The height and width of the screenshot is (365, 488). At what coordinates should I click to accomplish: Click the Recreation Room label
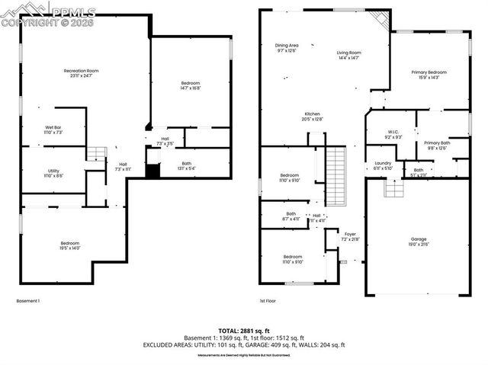[81, 73]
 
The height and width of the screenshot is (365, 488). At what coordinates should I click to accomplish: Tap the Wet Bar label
[53, 130]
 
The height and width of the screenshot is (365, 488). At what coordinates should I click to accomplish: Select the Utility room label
[53, 173]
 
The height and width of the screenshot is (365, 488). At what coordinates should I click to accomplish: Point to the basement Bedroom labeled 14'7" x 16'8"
[191, 85]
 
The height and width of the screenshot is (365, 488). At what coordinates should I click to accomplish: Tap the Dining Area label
[286, 48]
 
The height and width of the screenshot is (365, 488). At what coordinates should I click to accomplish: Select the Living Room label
[349, 55]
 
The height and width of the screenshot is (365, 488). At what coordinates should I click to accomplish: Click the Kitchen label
[313, 116]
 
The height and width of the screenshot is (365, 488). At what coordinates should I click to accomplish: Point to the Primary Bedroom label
[429, 75]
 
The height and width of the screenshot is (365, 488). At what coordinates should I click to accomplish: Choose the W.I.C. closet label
[393, 134]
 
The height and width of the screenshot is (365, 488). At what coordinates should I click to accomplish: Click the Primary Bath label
[437, 146]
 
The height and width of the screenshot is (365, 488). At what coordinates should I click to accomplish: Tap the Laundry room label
[383, 165]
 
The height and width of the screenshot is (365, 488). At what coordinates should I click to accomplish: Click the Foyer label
[350, 236]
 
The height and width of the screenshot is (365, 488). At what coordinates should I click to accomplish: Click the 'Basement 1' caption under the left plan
[28, 301]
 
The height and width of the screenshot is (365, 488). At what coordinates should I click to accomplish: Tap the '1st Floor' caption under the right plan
[266, 301]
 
